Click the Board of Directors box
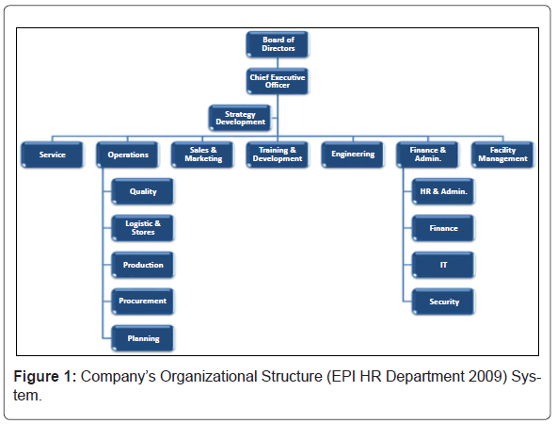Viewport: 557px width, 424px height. click(x=278, y=44)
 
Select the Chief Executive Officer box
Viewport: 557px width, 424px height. click(x=278, y=81)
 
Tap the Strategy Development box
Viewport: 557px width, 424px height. click(x=240, y=118)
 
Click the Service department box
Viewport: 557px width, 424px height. click(x=53, y=155)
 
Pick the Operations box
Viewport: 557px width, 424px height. click(x=128, y=155)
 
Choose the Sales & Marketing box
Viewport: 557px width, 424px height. click(x=203, y=155)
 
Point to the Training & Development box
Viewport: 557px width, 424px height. click(x=278, y=155)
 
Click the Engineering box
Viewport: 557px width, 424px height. click(x=353, y=155)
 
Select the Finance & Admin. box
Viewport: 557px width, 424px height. click(x=428, y=155)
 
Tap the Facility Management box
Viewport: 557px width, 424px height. click(x=502, y=155)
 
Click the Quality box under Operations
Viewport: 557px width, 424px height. click(x=143, y=191)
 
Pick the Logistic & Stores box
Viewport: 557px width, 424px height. click(x=143, y=228)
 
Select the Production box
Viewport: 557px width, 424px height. click(x=143, y=265)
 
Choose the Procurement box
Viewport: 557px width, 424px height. click(x=143, y=302)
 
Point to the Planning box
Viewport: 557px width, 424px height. click(x=143, y=338)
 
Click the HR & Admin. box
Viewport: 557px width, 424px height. click(x=443, y=191)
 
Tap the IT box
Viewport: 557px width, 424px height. click(x=443, y=265)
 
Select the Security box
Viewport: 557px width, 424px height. click(x=443, y=302)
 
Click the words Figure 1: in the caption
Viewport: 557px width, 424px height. click(x=45, y=376)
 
